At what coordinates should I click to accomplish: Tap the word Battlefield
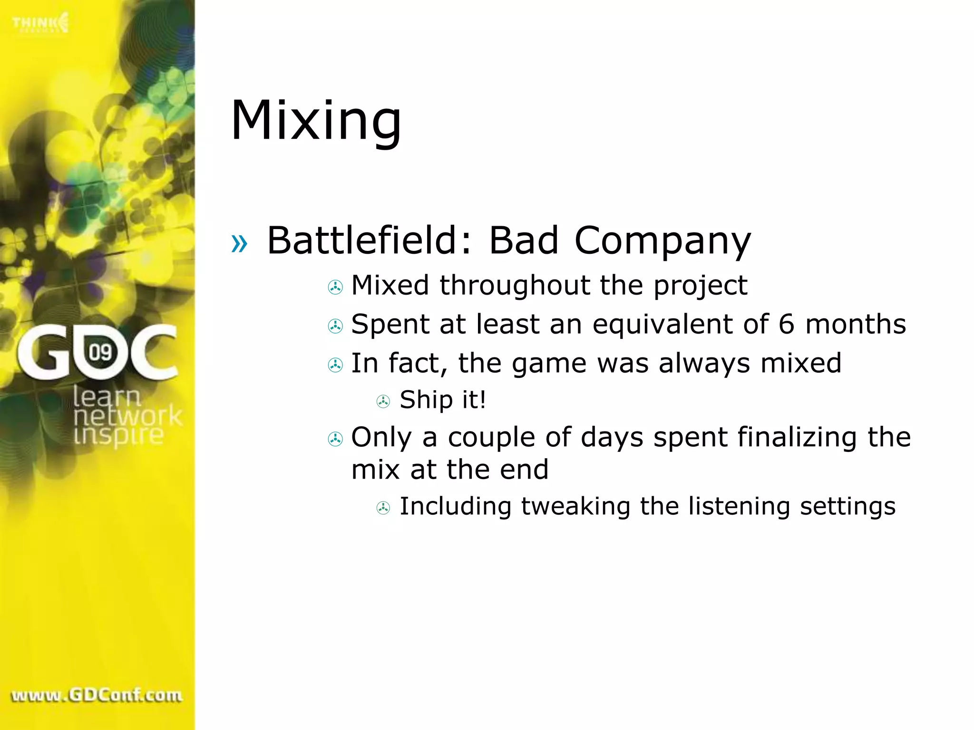pos(361,240)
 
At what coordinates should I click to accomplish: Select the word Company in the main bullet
pos(662,241)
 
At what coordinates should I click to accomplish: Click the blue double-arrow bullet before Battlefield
pos(239,244)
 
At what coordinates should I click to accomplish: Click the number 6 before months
pos(786,324)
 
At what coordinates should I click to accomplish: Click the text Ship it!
pos(443,400)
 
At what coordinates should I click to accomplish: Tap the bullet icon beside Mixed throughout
pos(335,287)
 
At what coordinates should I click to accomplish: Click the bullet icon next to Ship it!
pos(383,402)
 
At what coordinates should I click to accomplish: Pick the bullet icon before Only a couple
pos(335,439)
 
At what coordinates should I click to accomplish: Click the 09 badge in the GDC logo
pos(100,352)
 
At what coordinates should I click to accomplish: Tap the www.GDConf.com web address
pos(97,695)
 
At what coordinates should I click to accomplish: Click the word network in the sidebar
pos(127,416)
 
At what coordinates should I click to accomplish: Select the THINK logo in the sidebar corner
pos(41,23)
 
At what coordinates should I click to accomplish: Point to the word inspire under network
pos(118,435)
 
